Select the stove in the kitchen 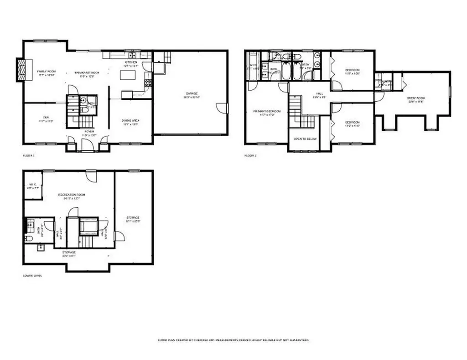[x=148, y=83]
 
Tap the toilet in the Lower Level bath [x=28, y=238]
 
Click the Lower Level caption [x=32, y=276]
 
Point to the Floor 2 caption [x=250, y=155]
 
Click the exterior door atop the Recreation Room [x=91, y=176]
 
